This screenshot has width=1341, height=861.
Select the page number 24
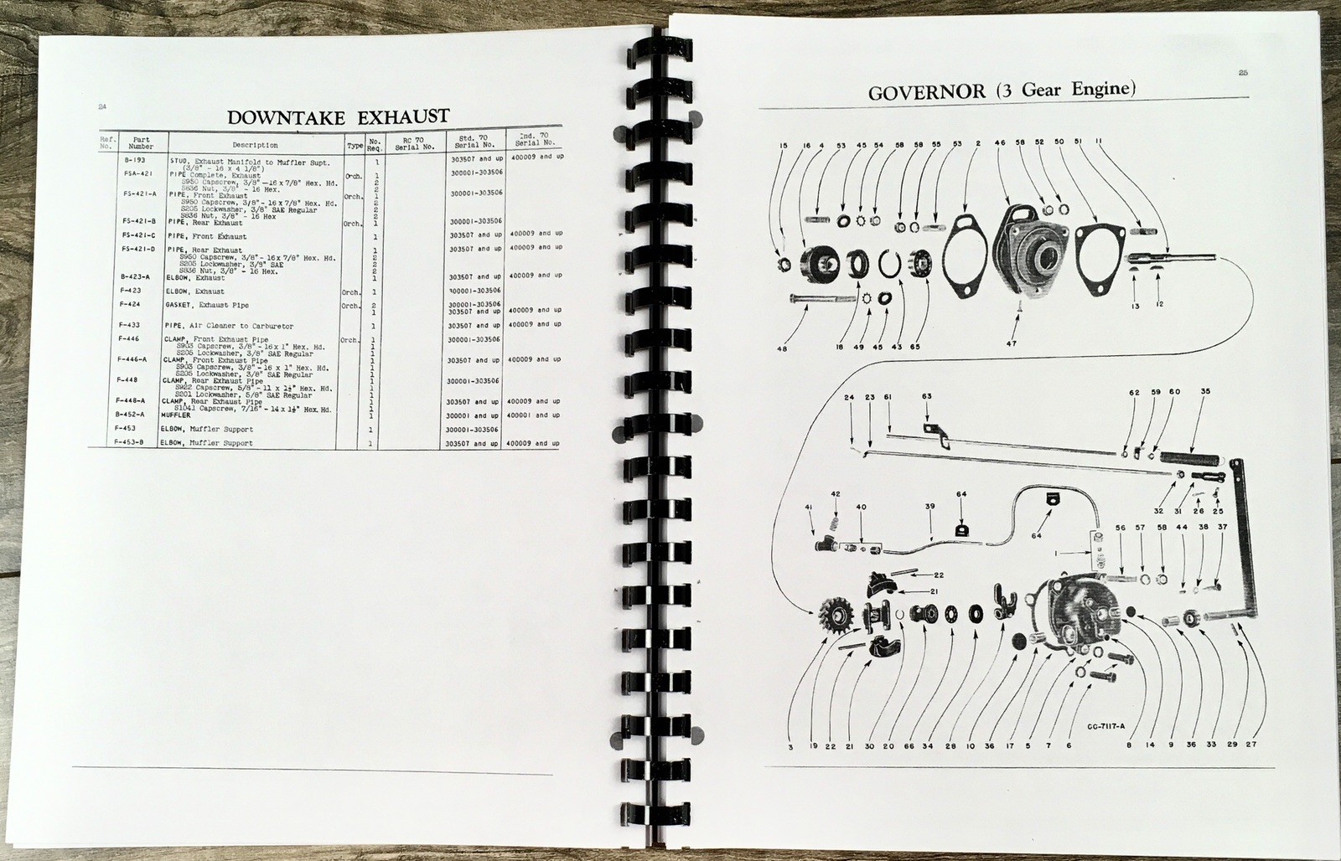[x=102, y=107]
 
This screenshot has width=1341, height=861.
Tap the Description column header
[x=255, y=146]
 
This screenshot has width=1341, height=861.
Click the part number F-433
[x=130, y=324]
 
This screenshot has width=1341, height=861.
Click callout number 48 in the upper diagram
[x=782, y=348]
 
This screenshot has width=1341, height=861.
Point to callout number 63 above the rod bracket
[x=926, y=396]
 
